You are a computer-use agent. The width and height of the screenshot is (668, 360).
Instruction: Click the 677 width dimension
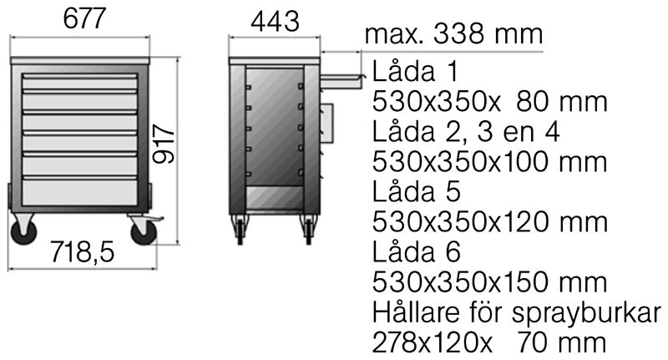click(84, 18)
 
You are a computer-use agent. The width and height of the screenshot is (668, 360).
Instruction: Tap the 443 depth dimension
click(276, 22)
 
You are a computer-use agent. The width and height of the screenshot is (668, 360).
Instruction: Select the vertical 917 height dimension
click(164, 144)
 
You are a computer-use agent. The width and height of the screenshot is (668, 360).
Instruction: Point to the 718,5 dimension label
click(82, 251)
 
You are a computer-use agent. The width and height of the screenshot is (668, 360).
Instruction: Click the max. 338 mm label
click(453, 33)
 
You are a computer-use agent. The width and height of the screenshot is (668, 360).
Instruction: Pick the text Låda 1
click(415, 71)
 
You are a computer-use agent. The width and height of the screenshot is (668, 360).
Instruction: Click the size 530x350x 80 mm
click(490, 101)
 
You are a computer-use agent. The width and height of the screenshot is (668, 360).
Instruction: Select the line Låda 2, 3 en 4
click(466, 132)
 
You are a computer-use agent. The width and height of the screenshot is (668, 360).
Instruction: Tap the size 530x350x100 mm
click(490, 161)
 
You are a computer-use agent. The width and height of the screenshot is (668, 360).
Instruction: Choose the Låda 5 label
click(417, 191)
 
